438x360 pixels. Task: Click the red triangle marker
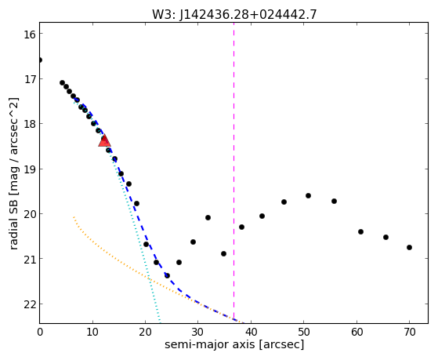(x=104, y=140)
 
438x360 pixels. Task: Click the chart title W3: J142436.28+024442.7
(x=234, y=14)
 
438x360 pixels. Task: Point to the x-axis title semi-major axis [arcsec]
(x=234, y=344)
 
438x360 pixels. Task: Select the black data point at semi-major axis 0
(x=40, y=60)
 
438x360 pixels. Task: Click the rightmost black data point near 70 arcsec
(x=409, y=247)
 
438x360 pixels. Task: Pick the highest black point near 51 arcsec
(x=308, y=195)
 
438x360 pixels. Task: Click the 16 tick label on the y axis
(x=30, y=35)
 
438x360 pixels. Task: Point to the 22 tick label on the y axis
(x=30, y=304)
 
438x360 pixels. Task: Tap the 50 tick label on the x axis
(x=304, y=332)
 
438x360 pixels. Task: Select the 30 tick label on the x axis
(x=197, y=332)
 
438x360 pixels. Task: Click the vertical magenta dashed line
(x=233, y=173)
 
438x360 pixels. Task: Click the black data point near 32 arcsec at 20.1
(x=208, y=217)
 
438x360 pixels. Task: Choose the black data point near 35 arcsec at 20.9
(x=223, y=253)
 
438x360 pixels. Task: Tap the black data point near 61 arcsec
(x=360, y=231)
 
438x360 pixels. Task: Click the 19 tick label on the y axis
(x=30, y=169)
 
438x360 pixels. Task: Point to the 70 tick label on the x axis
(x=410, y=332)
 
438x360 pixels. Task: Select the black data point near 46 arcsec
(x=284, y=202)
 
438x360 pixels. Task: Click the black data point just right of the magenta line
(x=241, y=227)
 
